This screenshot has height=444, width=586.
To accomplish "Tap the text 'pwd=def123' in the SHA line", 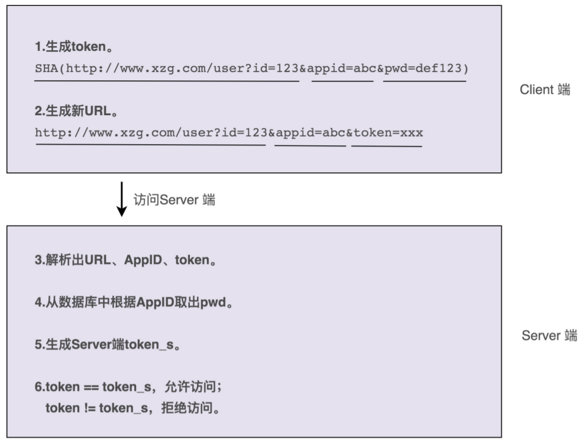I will (424, 68).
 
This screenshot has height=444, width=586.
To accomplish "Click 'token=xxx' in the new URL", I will (388, 132).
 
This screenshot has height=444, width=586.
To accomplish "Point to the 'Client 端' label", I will (545, 90).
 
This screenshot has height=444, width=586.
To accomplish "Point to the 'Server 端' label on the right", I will (549, 335).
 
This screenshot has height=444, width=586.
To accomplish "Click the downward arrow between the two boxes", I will (122, 200).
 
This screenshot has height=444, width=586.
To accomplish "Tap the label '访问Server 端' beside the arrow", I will (174, 200).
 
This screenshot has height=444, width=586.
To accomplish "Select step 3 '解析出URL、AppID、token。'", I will (126, 260).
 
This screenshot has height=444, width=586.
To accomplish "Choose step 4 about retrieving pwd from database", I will (133, 303).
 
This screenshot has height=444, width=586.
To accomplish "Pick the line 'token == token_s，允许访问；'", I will (128, 387).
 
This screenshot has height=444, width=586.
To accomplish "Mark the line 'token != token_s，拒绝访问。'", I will (133, 408).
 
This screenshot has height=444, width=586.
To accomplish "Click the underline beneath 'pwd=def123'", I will (424, 81).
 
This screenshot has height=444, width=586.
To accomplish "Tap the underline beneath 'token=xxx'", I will (387, 146).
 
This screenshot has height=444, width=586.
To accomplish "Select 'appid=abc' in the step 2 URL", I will (310, 132).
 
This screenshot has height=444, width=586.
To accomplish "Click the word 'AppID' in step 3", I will (141, 260).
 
